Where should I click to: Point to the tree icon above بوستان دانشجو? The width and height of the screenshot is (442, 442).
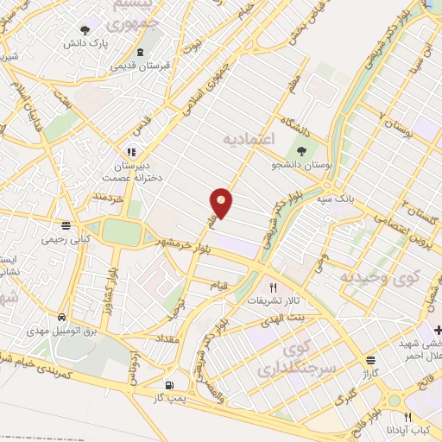click(300, 150)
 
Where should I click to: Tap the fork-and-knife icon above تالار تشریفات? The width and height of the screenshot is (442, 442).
click(274, 288)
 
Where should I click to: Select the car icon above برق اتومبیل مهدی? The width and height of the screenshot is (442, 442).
click(61, 317)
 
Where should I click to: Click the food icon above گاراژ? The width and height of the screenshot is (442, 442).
click(370, 360)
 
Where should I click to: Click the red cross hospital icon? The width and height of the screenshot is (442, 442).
click(437, 330)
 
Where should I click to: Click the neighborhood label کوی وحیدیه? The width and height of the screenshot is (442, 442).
click(377, 277)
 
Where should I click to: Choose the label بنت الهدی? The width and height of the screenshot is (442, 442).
click(285, 318)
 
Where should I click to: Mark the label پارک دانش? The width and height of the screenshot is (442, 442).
click(117, 41)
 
